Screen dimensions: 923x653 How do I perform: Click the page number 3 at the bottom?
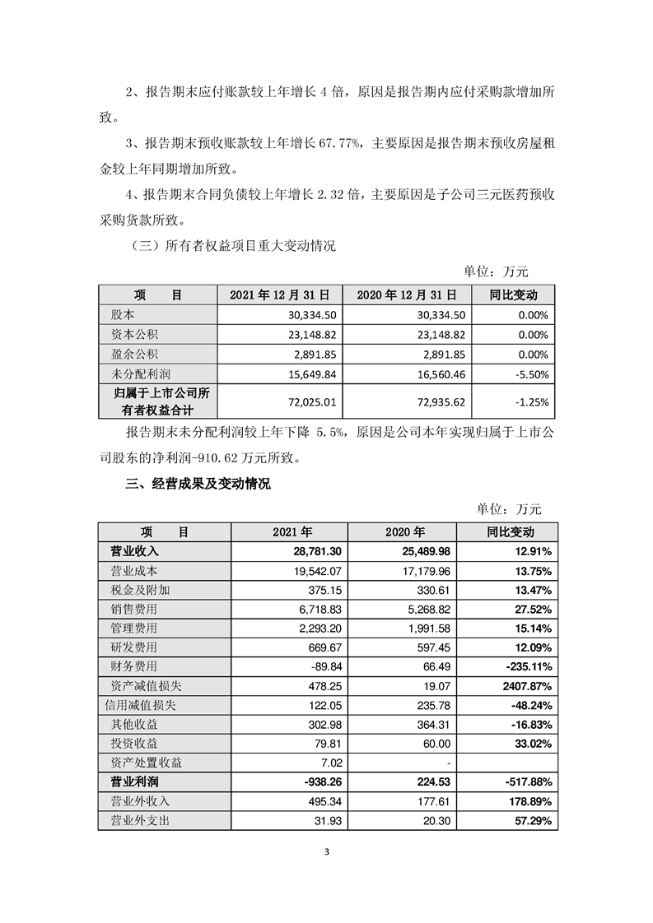click(327, 851)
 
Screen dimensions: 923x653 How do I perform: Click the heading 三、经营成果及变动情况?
click(198, 485)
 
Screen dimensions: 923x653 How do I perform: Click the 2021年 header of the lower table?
click(289, 531)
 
